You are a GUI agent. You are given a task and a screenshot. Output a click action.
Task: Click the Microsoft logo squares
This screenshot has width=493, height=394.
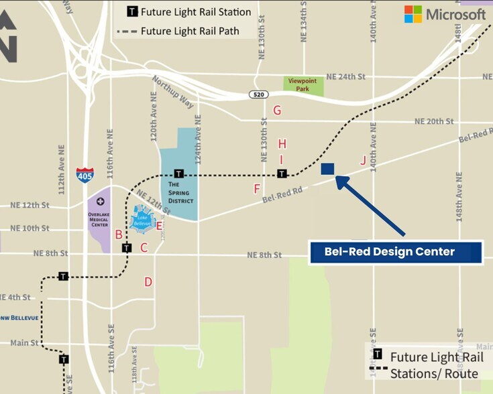point(413,14)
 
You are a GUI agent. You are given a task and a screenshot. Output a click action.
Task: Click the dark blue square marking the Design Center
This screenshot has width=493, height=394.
point(327,169)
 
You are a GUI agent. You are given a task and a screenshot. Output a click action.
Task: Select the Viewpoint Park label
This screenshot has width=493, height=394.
point(303,85)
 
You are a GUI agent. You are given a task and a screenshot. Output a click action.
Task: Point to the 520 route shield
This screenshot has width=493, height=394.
point(259,94)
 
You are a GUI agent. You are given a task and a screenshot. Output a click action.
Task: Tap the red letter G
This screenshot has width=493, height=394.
point(277,111)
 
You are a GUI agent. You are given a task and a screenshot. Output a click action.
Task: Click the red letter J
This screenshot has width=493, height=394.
point(364,160)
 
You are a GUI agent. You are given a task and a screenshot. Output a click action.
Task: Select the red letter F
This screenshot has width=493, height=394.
point(257,189)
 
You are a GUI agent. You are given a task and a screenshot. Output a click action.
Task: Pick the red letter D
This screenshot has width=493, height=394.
point(148,282)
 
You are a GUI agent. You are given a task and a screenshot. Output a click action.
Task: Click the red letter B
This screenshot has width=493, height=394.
point(119,235)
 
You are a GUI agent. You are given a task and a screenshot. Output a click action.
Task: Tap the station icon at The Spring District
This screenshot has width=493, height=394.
point(178,174)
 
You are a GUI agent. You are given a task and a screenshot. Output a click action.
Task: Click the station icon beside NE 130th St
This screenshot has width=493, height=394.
point(282,174)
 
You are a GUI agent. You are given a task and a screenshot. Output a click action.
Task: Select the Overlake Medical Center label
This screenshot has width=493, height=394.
point(99,220)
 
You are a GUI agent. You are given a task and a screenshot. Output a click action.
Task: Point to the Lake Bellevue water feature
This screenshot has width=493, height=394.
point(142,220)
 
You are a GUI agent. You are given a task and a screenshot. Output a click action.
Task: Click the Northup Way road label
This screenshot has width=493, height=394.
point(172,92)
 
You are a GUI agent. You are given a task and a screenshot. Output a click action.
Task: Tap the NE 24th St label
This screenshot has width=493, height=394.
point(345,77)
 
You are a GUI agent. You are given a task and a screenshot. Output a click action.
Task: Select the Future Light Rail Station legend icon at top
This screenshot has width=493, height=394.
point(132,11)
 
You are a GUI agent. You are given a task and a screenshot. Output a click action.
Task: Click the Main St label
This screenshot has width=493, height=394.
point(24,343)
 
